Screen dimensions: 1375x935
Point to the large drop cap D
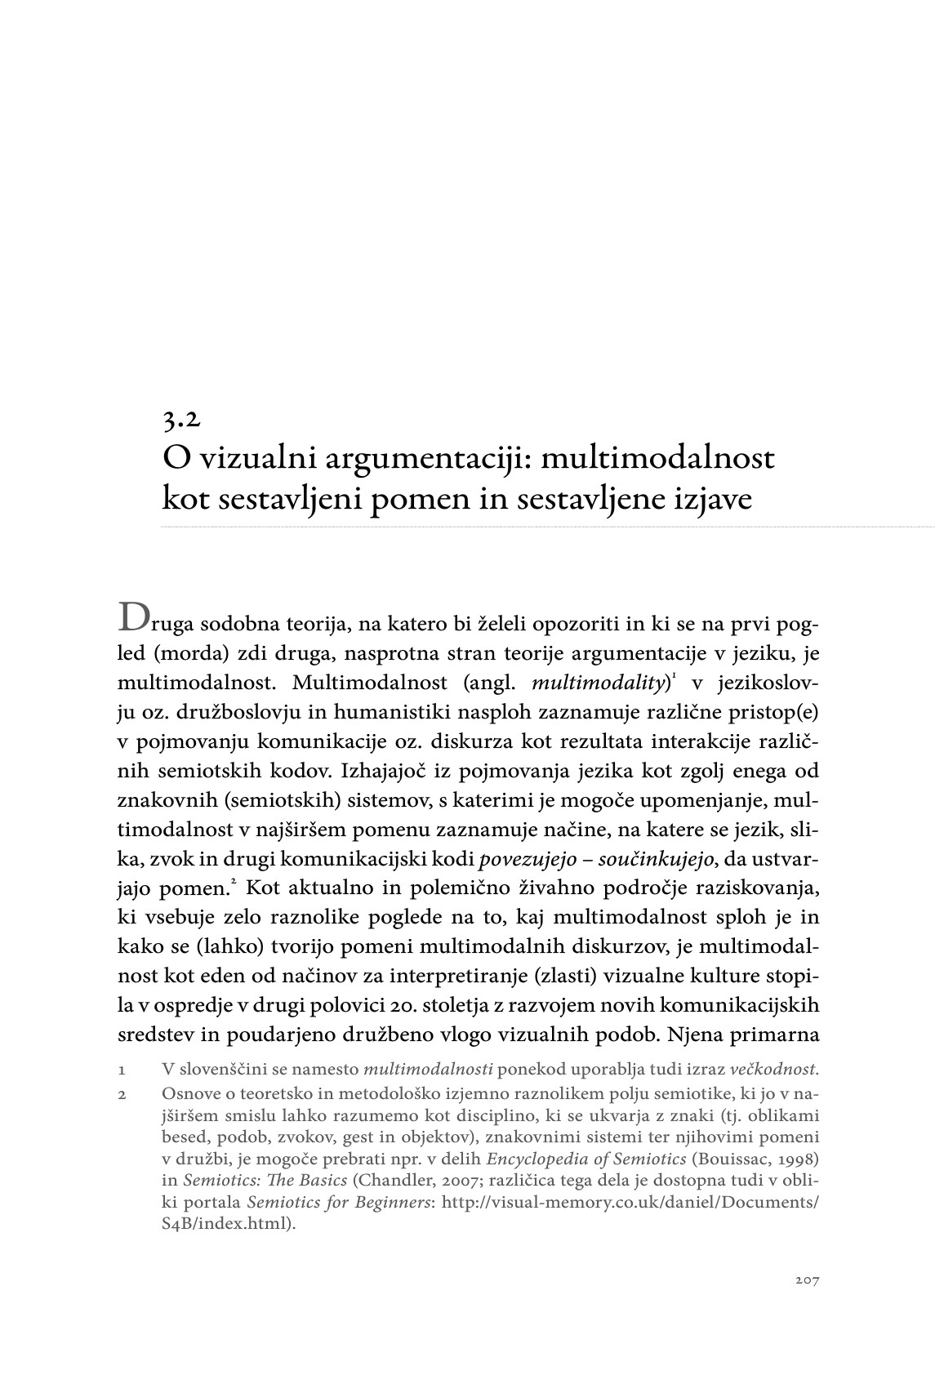(x=135, y=617)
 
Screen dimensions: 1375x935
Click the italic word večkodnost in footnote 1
(x=772, y=1069)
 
